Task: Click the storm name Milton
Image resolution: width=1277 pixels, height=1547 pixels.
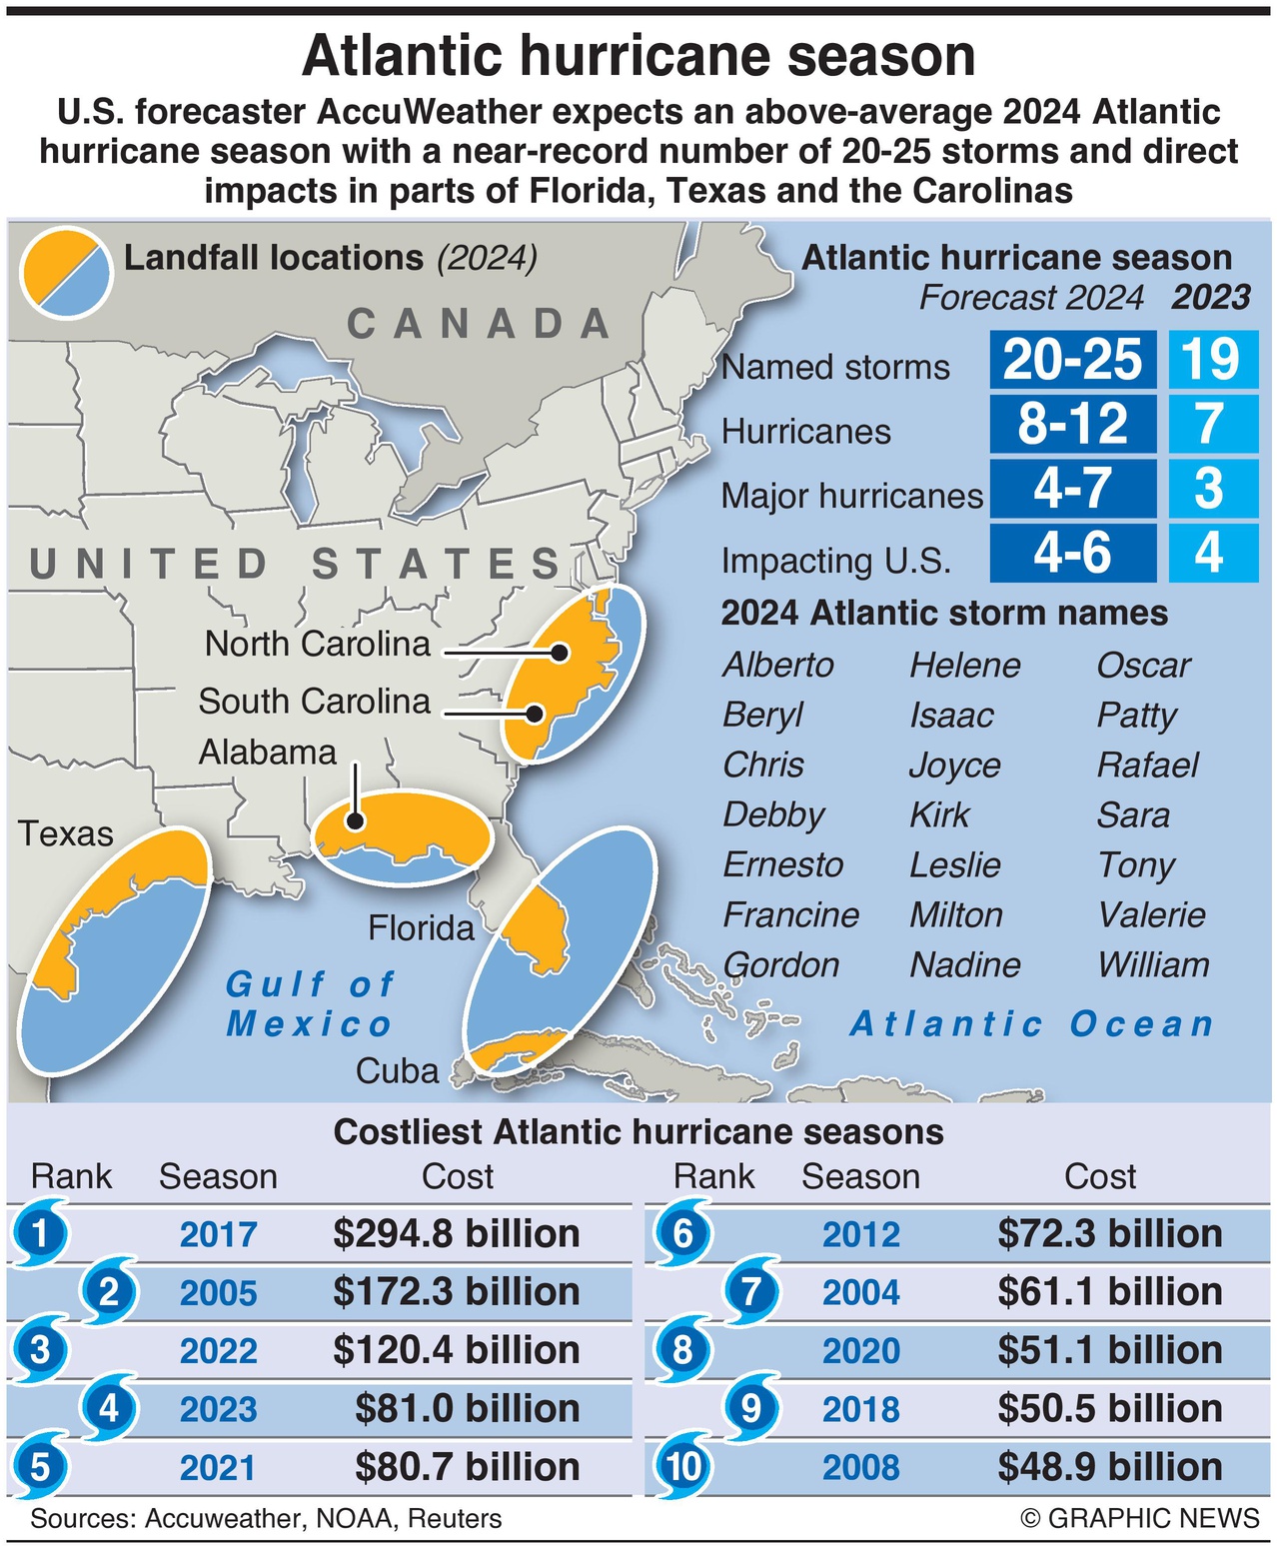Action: click(955, 914)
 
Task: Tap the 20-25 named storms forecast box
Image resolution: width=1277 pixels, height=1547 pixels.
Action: click(1072, 360)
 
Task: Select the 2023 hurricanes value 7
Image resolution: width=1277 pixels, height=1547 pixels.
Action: click(1211, 424)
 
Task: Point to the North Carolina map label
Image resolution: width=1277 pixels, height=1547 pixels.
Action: click(317, 644)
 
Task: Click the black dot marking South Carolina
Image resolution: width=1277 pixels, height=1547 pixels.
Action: click(536, 714)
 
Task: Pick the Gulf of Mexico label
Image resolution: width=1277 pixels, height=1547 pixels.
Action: click(310, 1003)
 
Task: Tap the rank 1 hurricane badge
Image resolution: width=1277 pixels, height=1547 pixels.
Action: click(40, 1233)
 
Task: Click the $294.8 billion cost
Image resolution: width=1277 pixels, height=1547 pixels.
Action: click(457, 1233)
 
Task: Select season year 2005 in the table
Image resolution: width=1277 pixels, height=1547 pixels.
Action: click(218, 1292)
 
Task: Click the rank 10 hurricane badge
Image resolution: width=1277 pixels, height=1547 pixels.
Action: click(683, 1467)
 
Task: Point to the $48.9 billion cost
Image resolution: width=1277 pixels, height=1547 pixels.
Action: click(1109, 1467)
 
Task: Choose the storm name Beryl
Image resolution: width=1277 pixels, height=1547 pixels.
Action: click(762, 716)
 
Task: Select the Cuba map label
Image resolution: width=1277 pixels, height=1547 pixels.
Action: click(397, 1071)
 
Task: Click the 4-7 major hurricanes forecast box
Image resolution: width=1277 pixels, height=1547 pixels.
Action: click(1072, 489)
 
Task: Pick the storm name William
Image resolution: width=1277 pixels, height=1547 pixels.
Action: click(1153, 964)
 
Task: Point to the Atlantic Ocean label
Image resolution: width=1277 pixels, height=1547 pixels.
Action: click(1031, 1024)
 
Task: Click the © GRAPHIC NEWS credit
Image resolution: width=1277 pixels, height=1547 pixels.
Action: click(1139, 1518)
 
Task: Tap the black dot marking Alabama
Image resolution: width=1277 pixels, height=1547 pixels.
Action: click(354, 821)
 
